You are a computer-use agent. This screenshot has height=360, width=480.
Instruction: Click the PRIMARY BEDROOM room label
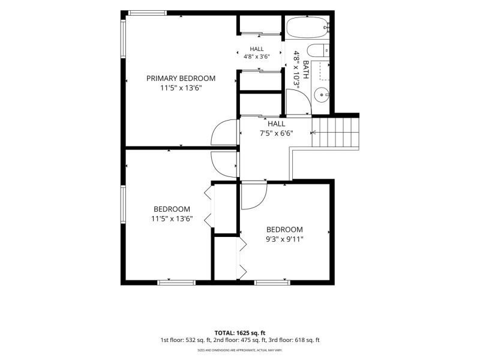(x=181, y=79)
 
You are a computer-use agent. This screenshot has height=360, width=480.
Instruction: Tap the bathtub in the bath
(x=307, y=28)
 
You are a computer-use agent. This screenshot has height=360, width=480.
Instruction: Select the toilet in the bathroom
(x=318, y=50)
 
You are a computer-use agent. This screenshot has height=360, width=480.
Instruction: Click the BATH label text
(x=305, y=70)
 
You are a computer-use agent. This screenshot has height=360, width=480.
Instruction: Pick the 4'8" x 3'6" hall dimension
(x=257, y=56)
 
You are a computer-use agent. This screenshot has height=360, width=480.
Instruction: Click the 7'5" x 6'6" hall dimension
(x=276, y=133)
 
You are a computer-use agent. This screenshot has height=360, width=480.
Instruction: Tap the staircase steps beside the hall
(x=335, y=132)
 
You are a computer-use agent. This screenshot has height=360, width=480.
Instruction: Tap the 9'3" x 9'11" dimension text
(x=284, y=239)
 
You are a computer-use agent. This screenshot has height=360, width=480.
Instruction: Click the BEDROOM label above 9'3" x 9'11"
(x=284, y=230)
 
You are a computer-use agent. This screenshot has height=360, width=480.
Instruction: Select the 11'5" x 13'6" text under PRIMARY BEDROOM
(x=181, y=88)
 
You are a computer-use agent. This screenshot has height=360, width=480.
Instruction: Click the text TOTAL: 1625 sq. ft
(x=240, y=333)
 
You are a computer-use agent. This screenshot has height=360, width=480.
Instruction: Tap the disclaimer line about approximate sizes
(x=240, y=350)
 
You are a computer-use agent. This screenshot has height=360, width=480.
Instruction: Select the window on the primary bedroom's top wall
(x=148, y=13)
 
